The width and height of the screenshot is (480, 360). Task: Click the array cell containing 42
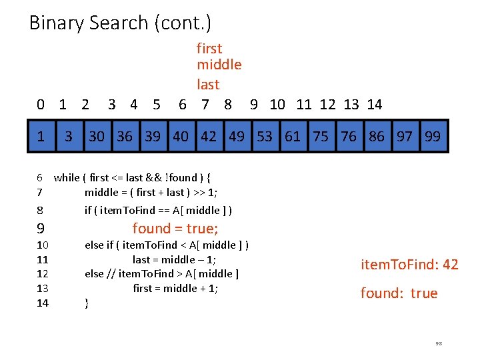pos(209,137)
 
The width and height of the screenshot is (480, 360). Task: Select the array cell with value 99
pos(433,137)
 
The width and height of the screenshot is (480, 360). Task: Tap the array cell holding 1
pos(41,137)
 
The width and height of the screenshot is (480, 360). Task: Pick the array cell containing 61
pos(293,137)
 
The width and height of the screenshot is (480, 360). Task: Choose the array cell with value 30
pos(97,137)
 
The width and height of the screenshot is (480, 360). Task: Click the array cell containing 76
pos(349,137)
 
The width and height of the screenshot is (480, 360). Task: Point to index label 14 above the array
pos(375,104)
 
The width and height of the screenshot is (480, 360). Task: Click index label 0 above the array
pos(41,104)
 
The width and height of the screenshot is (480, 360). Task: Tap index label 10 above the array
pos(277,104)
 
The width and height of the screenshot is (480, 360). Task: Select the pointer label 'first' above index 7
pos(209,49)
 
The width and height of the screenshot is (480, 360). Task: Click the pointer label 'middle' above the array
pos(219,65)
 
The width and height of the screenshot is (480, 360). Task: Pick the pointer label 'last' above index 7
pos(208,85)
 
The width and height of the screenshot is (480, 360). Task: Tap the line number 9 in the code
pos(41,229)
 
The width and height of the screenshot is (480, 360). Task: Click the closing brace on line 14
pos(87,303)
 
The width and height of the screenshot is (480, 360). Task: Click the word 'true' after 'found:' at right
pos(424,293)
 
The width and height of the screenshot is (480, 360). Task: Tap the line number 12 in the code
pos(43,274)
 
